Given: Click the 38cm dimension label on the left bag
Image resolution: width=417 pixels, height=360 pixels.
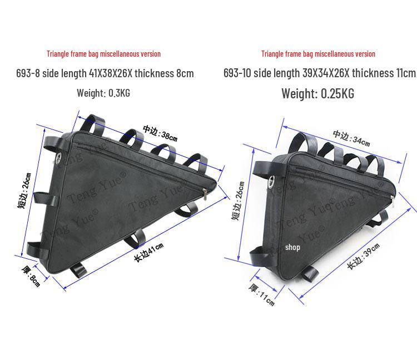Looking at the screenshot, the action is [160, 133].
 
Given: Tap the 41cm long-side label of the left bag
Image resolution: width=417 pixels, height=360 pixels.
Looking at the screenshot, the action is [148, 252].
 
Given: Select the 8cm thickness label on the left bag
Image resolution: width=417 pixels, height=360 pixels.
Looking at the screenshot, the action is [31, 276].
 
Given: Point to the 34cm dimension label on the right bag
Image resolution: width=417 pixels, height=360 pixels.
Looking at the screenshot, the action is [351, 138].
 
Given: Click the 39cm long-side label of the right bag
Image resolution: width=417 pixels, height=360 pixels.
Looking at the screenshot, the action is [363, 256].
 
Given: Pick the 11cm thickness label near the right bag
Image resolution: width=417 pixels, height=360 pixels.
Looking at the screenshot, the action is [262, 294].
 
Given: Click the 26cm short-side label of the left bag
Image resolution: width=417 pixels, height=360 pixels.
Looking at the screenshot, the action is [24, 191].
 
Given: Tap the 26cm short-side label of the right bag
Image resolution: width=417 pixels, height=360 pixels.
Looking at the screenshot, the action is [238, 201].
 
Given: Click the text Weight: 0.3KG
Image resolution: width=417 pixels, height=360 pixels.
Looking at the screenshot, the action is [103, 93].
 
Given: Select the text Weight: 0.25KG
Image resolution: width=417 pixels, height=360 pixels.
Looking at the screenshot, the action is [318, 93].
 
